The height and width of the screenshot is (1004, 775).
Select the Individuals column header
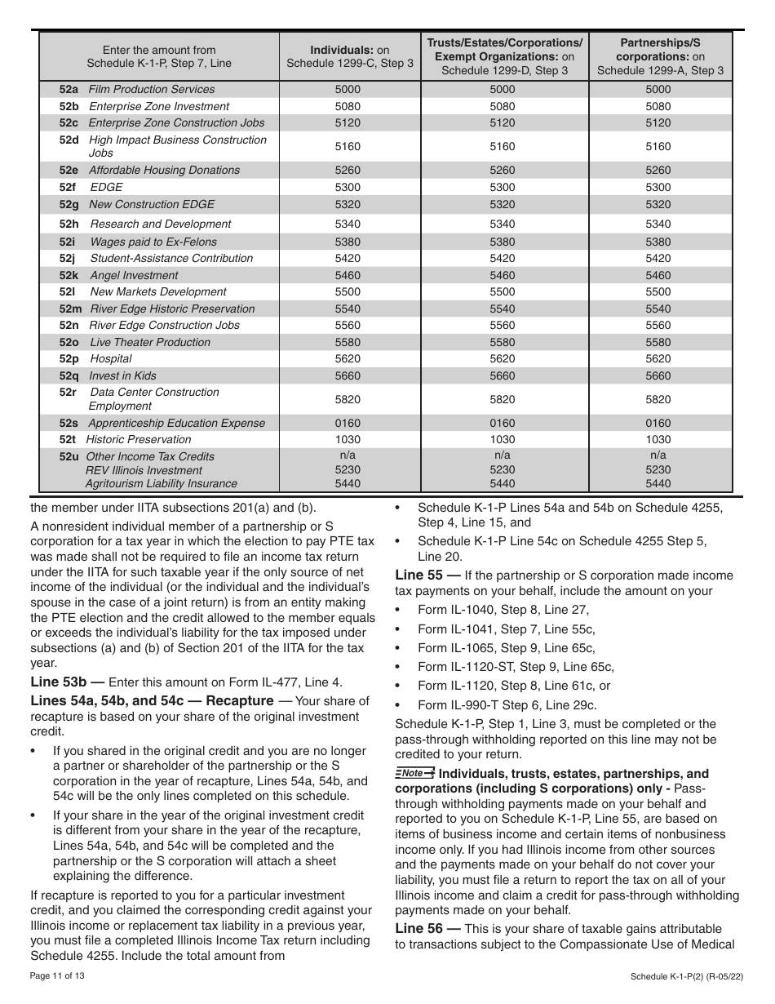tap(350, 56)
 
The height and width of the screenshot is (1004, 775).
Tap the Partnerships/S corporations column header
tap(660, 56)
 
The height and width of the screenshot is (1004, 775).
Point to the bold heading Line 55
tap(426, 575)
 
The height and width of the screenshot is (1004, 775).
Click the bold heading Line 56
tap(426, 929)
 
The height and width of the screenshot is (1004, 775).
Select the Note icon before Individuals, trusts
tap(414, 773)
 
